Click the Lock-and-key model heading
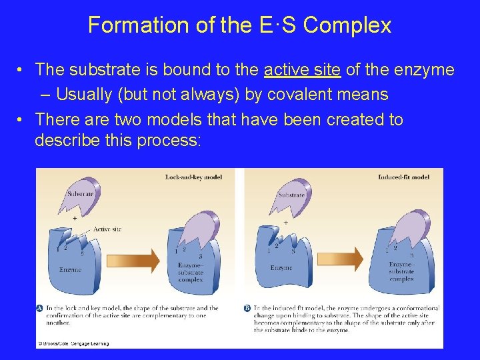(x=193, y=177)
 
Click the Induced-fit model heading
(x=403, y=177)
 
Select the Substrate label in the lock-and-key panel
(x=80, y=194)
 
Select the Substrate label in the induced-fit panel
(x=291, y=195)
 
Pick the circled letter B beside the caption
(x=248, y=309)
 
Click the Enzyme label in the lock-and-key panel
(x=70, y=270)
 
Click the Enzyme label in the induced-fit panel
(x=281, y=267)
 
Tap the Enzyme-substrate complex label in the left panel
(x=191, y=273)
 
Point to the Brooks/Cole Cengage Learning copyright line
(x=73, y=343)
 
